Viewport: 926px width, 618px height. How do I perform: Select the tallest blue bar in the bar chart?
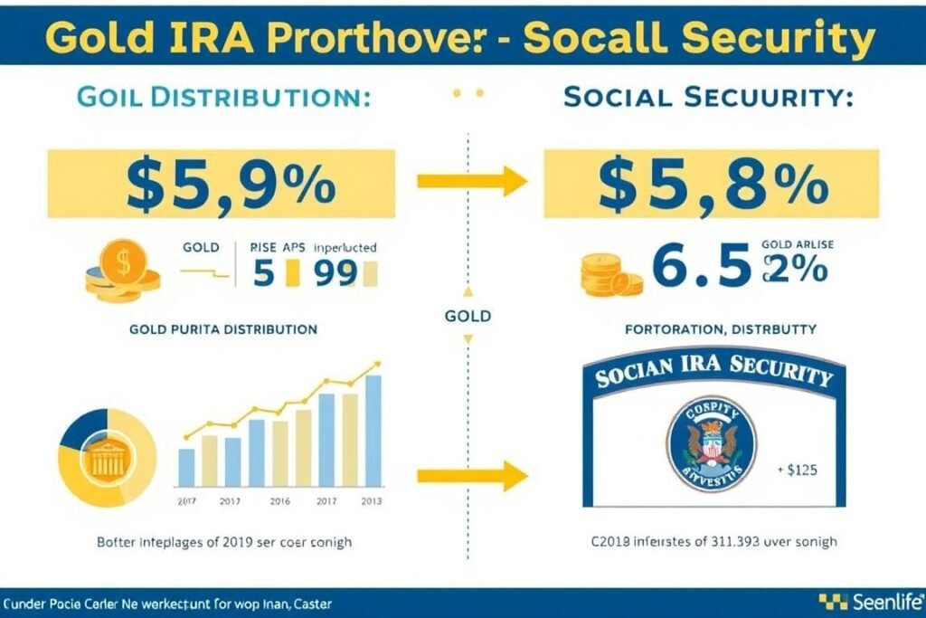click(373, 432)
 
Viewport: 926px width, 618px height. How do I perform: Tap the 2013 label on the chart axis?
click(372, 500)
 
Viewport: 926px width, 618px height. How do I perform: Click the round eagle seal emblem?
click(712, 443)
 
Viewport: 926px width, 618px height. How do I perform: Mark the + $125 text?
click(798, 470)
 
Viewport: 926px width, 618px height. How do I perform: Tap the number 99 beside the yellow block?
click(337, 273)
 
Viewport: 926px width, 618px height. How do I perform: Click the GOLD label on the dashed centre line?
click(468, 316)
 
